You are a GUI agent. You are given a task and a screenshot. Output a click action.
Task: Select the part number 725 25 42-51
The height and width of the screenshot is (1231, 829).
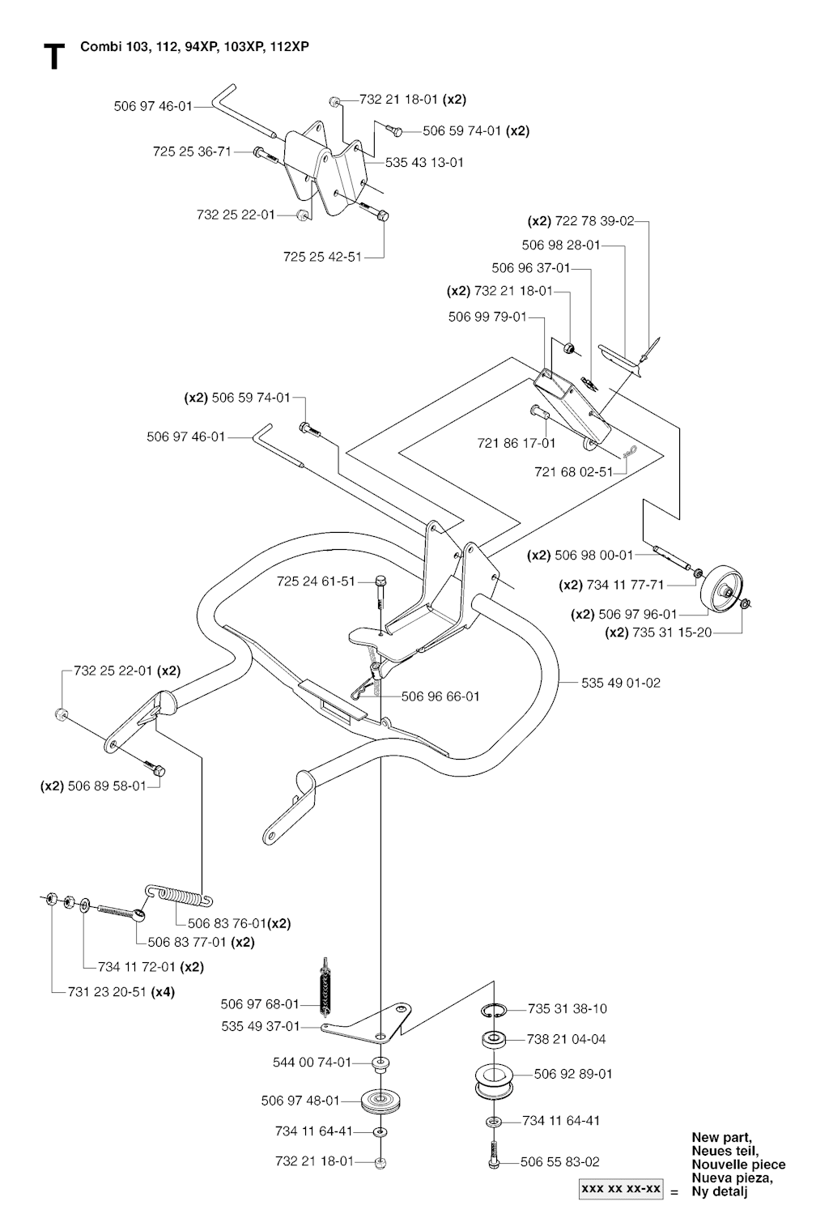point(322,257)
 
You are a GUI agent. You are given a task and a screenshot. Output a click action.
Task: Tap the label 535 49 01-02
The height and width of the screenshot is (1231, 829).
point(620,683)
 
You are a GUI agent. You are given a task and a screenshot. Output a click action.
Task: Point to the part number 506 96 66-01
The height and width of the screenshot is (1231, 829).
point(440,696)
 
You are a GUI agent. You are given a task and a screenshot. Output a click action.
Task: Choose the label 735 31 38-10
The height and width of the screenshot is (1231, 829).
point(567,1008)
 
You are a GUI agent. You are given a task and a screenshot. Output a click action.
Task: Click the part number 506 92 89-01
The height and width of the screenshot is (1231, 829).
point(573,1074)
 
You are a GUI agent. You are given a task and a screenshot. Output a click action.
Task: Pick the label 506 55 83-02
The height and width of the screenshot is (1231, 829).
point(560,1162)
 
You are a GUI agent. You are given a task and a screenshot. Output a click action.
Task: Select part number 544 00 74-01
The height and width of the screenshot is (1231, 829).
point(312,1062)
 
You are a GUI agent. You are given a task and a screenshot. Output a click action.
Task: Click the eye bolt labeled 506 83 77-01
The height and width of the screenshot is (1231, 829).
point(121,911)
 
